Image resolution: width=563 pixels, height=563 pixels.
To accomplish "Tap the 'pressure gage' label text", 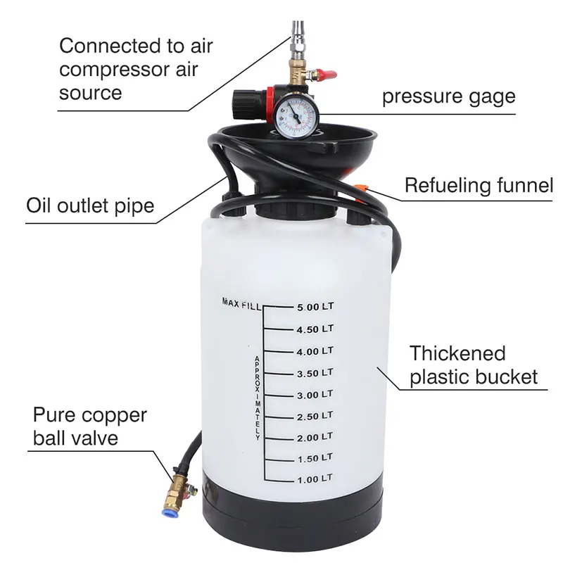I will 448,96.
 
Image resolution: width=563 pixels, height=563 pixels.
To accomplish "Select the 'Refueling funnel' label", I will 479,186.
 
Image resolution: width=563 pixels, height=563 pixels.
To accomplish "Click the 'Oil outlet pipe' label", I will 90,207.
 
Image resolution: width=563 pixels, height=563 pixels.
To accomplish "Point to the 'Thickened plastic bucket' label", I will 473,364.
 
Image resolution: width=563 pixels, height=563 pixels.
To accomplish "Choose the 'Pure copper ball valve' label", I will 89,426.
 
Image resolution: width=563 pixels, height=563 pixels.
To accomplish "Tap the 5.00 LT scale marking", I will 314,307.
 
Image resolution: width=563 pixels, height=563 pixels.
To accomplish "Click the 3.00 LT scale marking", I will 314,394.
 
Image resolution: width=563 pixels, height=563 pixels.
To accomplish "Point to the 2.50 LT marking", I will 314,416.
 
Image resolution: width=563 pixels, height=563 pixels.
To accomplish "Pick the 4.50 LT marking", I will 314,329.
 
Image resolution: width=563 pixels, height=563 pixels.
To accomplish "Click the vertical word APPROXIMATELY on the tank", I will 258,398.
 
